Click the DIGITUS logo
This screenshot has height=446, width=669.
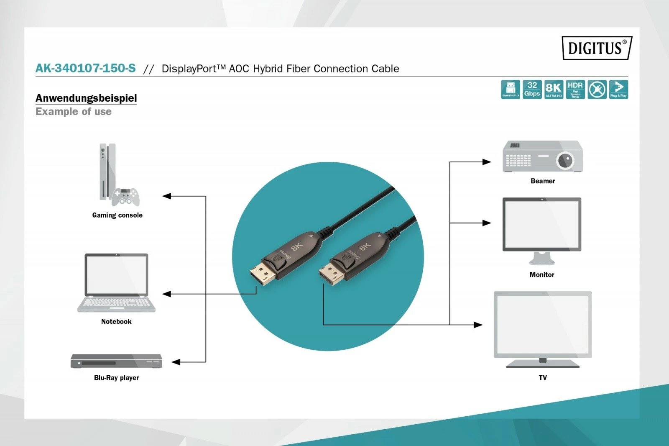pos(597,48)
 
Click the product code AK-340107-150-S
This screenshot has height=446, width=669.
pos(86,68)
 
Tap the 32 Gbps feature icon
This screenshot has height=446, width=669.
pos(532,90)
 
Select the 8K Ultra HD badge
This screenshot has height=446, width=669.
pos(554,90)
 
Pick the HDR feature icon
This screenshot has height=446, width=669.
pos(575,90)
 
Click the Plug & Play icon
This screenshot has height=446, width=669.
pos(618,90)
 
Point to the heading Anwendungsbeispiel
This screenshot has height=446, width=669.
pos(86,98)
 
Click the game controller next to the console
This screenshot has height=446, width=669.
pos(125,197)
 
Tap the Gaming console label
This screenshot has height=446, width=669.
pos(117,215)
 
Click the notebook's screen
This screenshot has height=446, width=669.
pos(116,275)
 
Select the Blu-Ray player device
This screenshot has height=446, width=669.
pos(116,361)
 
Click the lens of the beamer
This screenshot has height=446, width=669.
pos(565,160)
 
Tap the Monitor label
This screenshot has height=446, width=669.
pos(542,274)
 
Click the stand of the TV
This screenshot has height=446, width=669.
pos(543,363)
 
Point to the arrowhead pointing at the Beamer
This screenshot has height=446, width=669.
pos(486,162)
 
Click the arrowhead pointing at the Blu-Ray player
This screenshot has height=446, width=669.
pos(176,362)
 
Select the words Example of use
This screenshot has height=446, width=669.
pos(74,112)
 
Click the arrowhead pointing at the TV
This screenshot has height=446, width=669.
pos(478,325)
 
